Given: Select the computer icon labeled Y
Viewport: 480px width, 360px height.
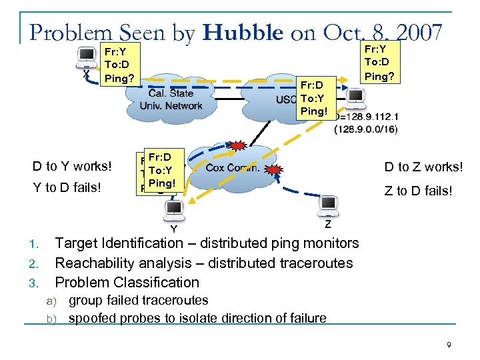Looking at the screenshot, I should pos(174,210).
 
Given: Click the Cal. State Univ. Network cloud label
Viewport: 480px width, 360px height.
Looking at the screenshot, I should pos(171,100).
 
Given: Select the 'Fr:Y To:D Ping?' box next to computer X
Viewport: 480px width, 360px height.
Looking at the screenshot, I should pos(120,65).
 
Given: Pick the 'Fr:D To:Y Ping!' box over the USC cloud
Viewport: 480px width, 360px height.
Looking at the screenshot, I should pos(314,98).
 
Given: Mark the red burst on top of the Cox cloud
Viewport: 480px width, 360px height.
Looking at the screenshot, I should pos(237,145).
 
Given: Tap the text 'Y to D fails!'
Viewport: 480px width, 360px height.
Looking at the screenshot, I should pos(67,187).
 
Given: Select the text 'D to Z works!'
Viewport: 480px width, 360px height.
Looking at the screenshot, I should pos(423,167).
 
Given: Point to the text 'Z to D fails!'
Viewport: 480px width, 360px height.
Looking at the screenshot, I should pos(419,191).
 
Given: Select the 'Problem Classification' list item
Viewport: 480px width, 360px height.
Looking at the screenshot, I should pos(127,282).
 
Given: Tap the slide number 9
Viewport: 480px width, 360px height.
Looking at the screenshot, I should pos(449,345).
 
